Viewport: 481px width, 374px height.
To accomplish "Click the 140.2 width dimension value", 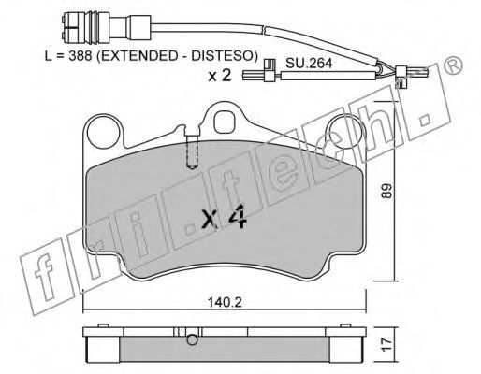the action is (225, 302).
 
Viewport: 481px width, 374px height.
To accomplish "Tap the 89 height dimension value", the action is (386, 191).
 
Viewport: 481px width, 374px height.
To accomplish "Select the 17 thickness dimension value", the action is (386, 345).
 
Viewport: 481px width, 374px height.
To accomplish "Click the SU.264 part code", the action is (309, 64).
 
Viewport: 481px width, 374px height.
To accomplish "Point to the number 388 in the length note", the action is (80, 56).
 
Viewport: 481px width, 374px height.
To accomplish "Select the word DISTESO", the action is (224, 56).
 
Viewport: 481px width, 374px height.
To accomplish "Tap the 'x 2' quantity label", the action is (220, 75).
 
